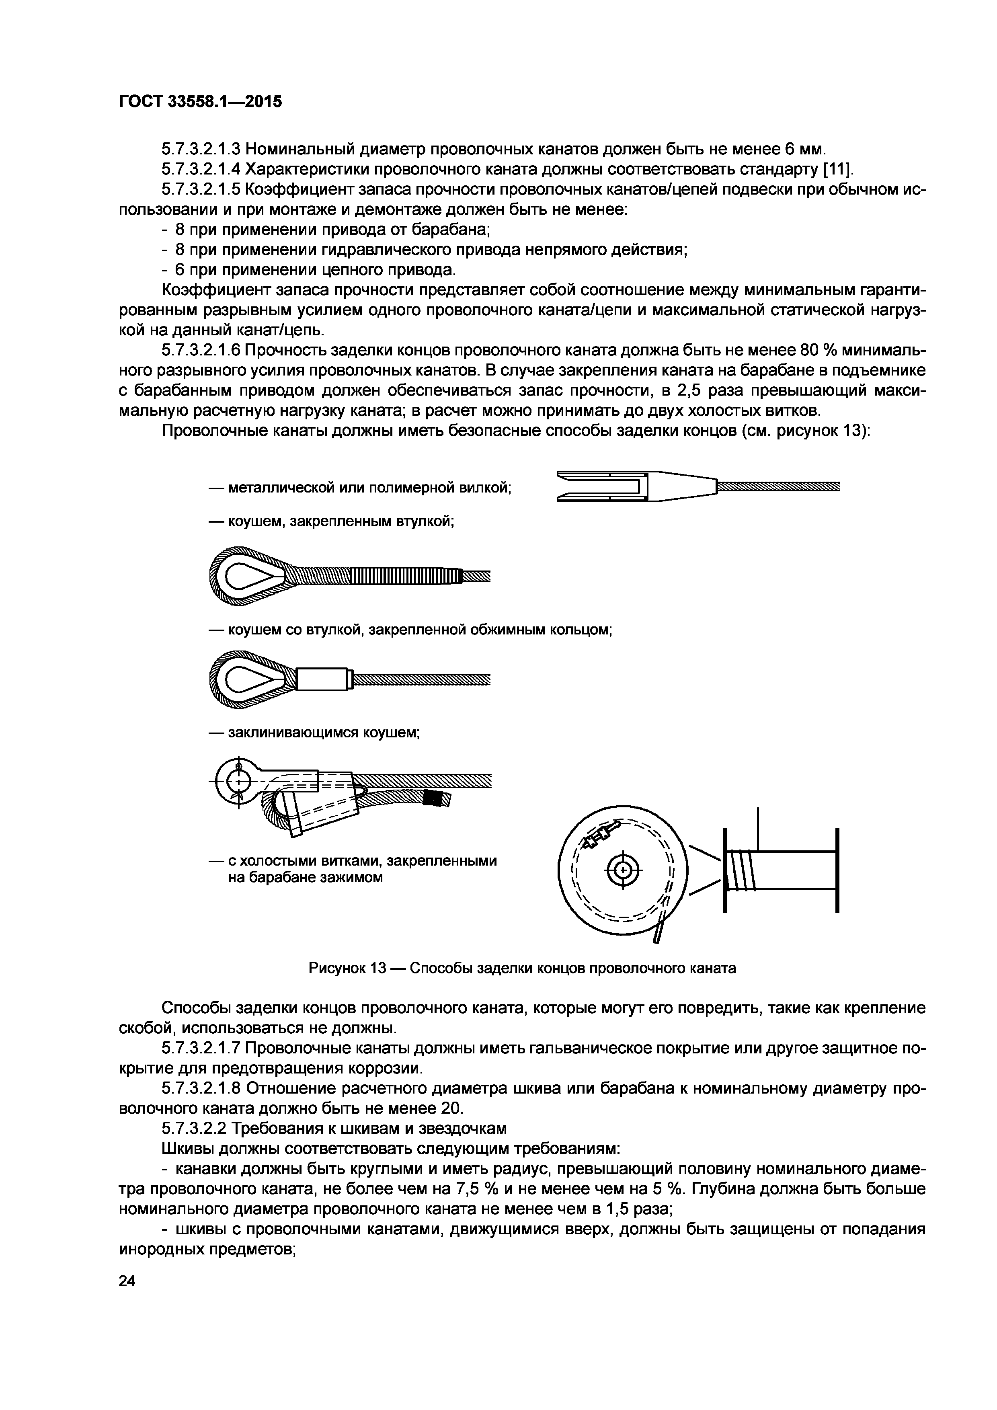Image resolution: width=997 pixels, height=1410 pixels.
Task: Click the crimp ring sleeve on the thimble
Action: coord(324,679)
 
